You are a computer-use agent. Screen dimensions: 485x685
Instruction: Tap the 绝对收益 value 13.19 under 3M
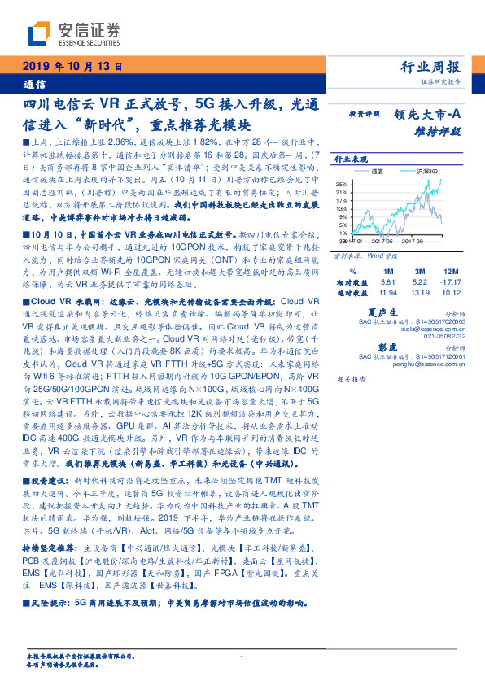(x=418, y=291)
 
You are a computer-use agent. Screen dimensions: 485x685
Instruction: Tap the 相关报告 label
(x=351, y=379)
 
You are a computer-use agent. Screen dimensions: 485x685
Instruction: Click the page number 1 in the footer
(x=242, y=658)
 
